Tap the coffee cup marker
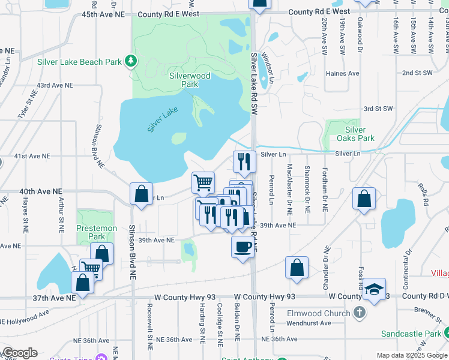pos(243,246)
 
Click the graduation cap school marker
pos(374,289)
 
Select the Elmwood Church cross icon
pos(359,313)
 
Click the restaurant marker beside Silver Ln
pos(244,161)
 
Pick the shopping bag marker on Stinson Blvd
pos(141,194)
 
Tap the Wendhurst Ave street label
pos(309,323)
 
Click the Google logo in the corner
pos(19,353)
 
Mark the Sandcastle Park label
pos(411,334)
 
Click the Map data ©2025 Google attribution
pos(412,355)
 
